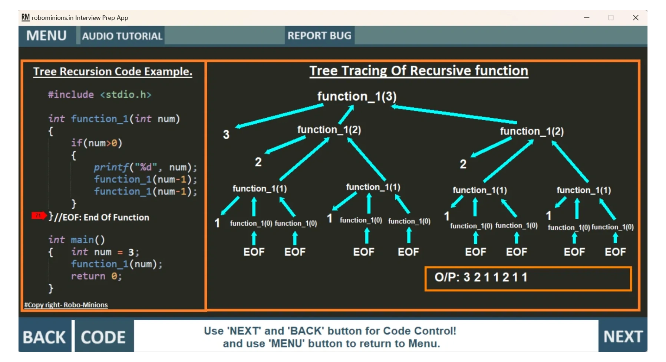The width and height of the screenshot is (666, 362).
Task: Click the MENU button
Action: point(46,36)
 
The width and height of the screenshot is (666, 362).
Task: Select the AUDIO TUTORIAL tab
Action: point(122,36)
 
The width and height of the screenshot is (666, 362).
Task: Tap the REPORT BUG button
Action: point(319,36)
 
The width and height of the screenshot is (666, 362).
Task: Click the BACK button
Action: point(44,337)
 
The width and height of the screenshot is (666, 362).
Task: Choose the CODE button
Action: point(103,337)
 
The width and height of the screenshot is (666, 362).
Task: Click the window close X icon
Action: point(636,17)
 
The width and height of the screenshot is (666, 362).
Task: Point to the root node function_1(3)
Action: point(357,97)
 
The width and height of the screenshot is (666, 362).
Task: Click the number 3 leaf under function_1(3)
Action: point(226,134)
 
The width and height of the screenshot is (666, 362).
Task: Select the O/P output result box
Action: point(528,278)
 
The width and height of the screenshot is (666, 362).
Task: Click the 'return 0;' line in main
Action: point(96,276)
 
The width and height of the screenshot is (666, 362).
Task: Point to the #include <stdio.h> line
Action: point(99,95)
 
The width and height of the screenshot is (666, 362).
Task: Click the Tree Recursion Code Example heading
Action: point(113,71)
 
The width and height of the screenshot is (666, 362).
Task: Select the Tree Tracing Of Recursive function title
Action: point(419,71)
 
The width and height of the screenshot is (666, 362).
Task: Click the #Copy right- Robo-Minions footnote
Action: point(66,305)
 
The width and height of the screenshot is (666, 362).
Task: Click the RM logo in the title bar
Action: point(25,17)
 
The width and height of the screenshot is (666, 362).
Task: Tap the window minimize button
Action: point(587,17)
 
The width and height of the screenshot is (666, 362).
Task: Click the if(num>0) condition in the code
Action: point(96,143)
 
